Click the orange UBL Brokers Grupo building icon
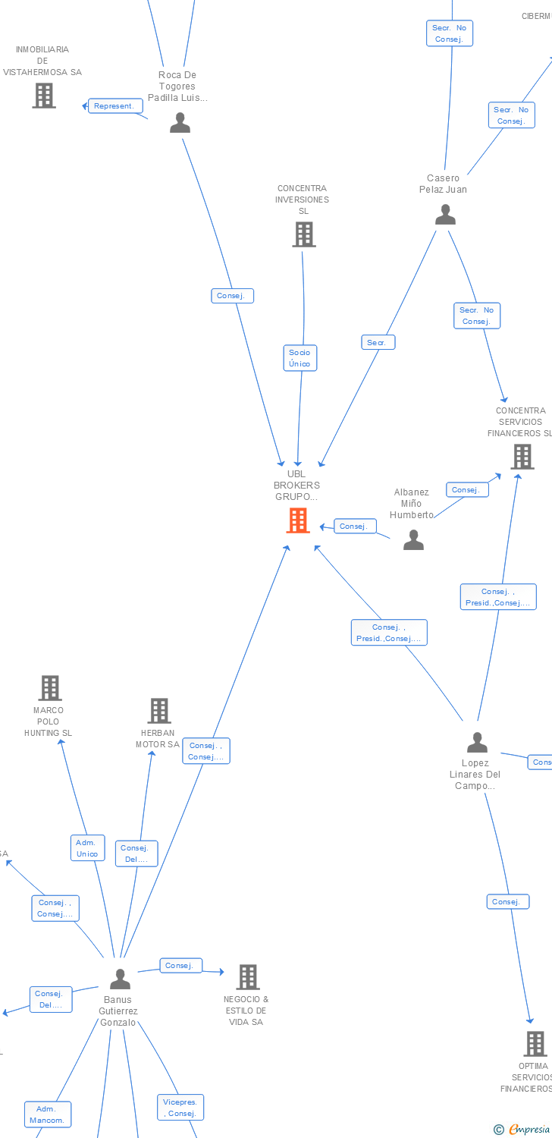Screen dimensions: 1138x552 [298, 520]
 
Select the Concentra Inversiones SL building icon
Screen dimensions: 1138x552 [304, 234]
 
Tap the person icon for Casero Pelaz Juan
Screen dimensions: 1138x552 [445, 215]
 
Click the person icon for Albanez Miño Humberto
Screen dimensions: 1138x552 [413, 539]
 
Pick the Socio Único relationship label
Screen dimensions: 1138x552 [300, 358]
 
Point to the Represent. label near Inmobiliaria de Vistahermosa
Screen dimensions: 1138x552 [114, 106]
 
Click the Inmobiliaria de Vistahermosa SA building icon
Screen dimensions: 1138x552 [44, 96]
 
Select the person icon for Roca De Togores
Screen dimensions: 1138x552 [180, 122]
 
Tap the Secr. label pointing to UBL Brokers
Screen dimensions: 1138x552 [377, 342]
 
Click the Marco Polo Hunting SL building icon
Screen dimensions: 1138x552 [50, 688]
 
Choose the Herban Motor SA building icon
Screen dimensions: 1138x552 [159, 711]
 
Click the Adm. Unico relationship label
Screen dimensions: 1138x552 [87, 848]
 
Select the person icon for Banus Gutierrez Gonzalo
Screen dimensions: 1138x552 [120, 979]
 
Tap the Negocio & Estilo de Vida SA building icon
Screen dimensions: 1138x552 [248, 977]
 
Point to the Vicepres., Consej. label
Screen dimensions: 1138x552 [180, 1108]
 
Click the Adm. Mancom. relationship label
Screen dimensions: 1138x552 [47, 1114]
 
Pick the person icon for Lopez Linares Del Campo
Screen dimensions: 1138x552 [477, 742]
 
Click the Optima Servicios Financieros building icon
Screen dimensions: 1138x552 [535, 1044]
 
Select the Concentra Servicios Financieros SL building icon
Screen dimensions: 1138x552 [522, 457]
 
